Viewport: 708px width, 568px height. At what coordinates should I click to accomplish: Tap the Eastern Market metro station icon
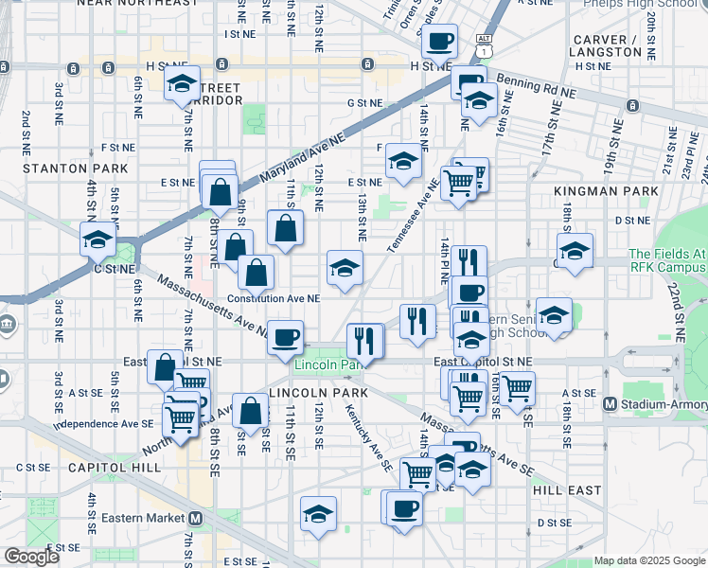pos(196,518)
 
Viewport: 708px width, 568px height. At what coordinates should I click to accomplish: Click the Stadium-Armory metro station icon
pos(611,404)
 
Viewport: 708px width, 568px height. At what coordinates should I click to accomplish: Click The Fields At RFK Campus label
pos(666,260)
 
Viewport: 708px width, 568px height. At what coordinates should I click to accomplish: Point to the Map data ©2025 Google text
pos(649,560)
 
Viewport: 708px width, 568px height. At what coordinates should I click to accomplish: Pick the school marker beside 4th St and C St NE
pos(97,240)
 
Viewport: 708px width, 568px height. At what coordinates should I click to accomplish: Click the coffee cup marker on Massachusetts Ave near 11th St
pos(285,336)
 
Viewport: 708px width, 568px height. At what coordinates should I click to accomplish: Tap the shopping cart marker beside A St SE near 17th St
pos(517,388)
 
